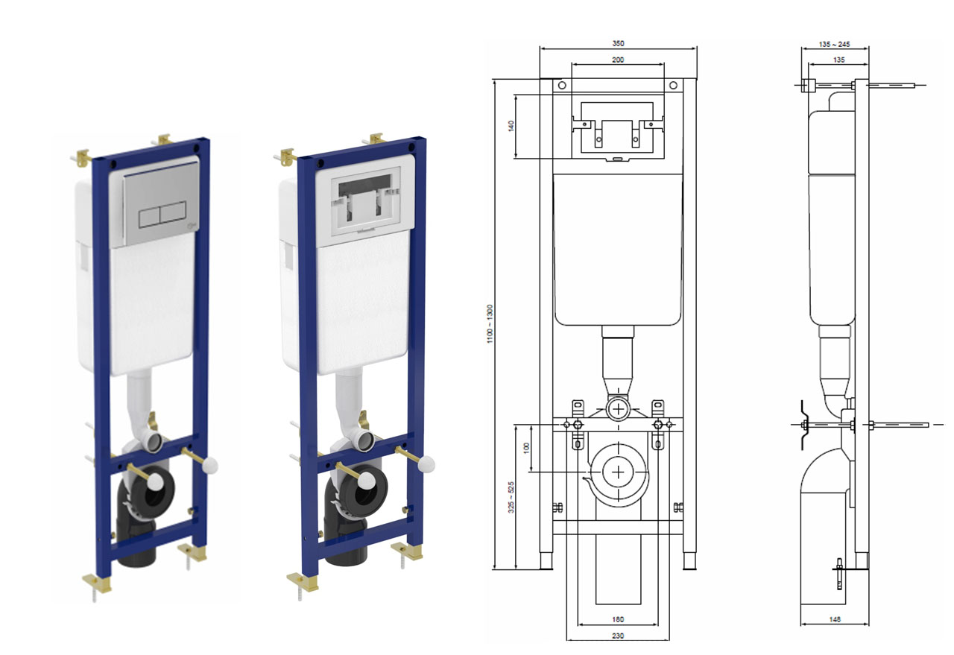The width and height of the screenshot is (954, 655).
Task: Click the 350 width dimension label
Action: point(618,43)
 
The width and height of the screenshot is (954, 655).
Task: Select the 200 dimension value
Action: point(618,60)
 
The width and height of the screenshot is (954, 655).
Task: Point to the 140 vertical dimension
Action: point(511,126)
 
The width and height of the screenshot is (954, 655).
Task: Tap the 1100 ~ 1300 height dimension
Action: point(490,324)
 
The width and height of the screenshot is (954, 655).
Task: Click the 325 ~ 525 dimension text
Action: point(511,498)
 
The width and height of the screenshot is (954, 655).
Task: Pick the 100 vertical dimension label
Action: point(527,448)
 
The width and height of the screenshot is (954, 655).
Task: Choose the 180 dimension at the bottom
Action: point(618,620)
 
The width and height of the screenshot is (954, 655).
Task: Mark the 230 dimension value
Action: point(618,636)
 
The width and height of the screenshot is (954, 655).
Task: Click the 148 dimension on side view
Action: point(835,620)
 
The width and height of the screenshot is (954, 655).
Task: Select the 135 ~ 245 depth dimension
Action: point(834,44)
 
